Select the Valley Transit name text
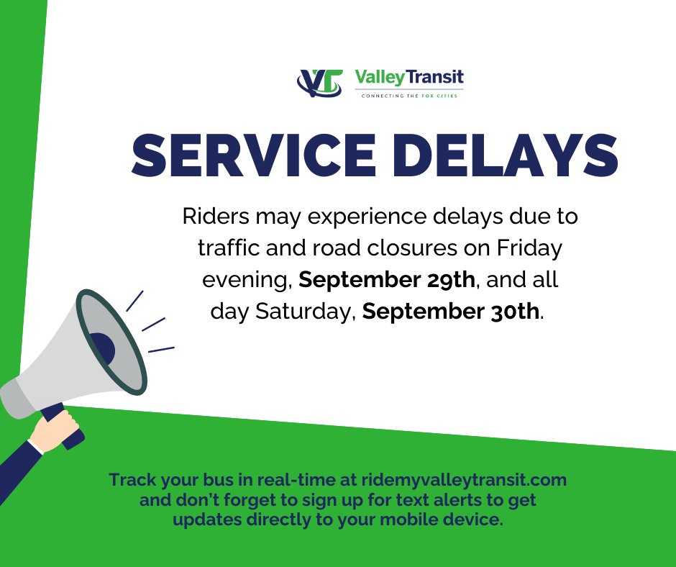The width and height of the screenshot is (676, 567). point(409,77)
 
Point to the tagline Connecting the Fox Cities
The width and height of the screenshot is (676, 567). point(409,95)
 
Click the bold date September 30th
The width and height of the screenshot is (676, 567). point(450,312)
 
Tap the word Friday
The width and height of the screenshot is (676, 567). point(529,248)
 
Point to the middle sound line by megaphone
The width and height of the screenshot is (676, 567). point(154,325)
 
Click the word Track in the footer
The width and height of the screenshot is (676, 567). point(130,480)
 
